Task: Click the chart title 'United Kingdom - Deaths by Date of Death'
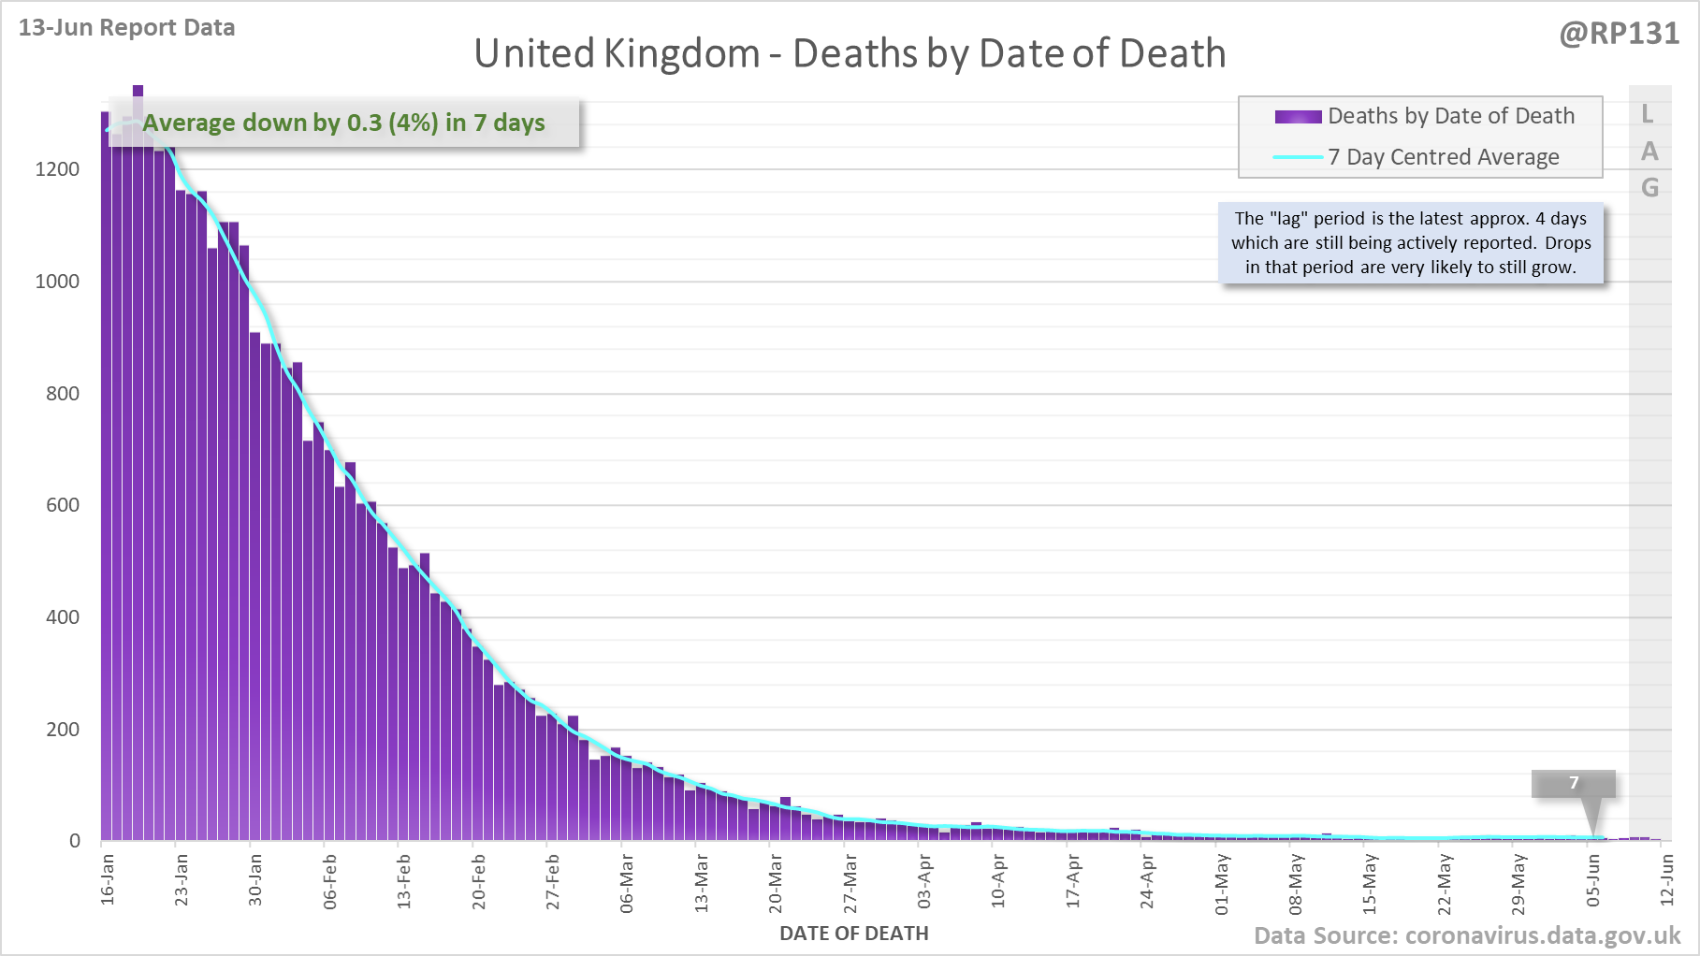click(850, 53)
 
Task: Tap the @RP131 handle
click(1619, 34)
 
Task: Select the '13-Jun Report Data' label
click(126, 27)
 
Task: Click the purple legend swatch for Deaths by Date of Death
click(1298, 117)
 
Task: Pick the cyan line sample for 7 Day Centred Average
click(1298, 157)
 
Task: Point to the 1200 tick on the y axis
click(57, 169)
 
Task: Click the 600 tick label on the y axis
click(63, 505)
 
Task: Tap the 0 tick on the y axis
click(75, 841)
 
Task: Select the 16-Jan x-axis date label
click(108, 878)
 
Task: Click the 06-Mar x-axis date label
click(627, 882)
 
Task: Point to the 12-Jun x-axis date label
click(1666, 880)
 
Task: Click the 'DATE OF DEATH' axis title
click(853, 934)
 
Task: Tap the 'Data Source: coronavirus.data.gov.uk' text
click(1467, 935)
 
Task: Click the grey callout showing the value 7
click(1573, 783)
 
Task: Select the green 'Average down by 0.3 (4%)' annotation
click(343, 123)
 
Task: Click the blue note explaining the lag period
click(1411, 243)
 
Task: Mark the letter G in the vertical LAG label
click(1649, 188)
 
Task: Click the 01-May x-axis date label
click(1221, 883)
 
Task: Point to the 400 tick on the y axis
click(63, 617)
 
